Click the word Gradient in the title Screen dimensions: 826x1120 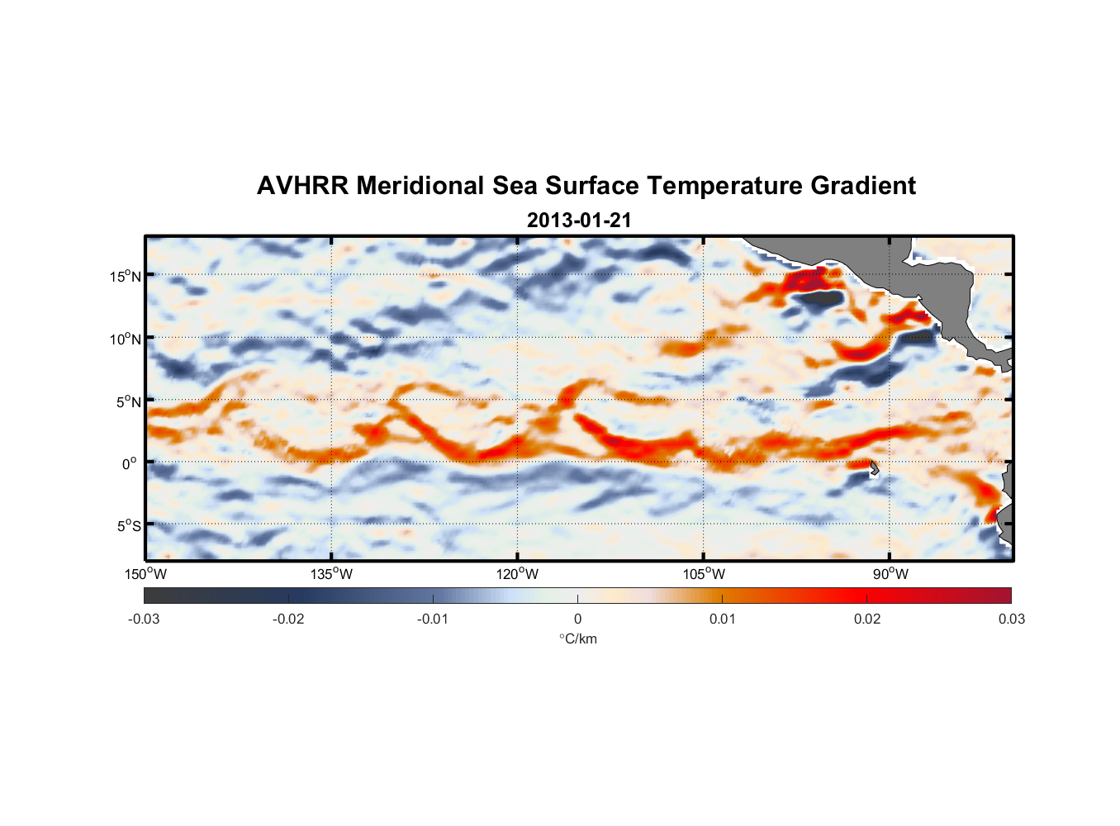point(862,186)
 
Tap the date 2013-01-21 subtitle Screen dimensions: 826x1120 point(578,221)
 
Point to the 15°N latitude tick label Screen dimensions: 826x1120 point(125,276)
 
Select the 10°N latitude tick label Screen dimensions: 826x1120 point(125,339)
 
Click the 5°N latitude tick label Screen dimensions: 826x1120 point(128,401)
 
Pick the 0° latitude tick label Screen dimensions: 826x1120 point(130,464)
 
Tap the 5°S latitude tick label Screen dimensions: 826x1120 point(128,526)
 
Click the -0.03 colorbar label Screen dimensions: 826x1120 point(144,619)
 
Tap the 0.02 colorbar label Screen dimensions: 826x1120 point(866,619)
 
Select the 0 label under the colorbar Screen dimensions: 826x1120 point(577,619)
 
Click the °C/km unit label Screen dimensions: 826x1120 point(577,638)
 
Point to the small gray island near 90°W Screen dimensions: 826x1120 point(874,468)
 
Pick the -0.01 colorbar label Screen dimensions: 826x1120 point(433,619)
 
